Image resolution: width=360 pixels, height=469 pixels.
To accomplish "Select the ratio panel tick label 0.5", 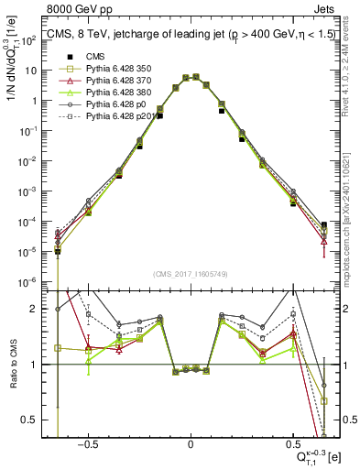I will pos(30,420).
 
